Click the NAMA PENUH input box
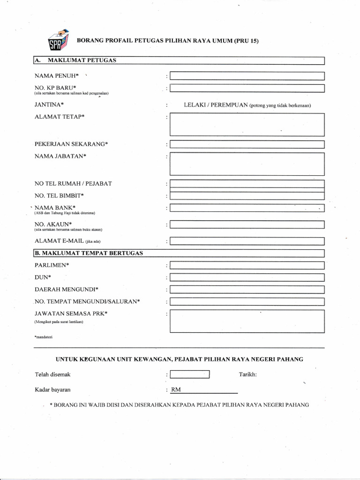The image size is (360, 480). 247,76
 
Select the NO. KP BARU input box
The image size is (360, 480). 247,88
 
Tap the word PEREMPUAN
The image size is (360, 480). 229,105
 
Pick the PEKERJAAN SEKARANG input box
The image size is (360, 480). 247,144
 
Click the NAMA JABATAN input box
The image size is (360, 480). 247,164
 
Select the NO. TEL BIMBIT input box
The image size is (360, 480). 247,195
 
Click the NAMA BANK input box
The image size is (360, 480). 247,208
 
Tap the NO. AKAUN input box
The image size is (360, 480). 247,225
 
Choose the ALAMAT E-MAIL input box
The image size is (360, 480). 247,241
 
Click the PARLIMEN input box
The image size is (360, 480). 247,265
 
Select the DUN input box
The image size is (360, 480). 247,277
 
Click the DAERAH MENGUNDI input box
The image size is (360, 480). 247,289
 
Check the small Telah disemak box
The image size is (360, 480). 189,375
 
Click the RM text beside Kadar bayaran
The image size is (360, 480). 176,390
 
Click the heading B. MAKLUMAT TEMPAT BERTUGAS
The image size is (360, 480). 89,253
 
